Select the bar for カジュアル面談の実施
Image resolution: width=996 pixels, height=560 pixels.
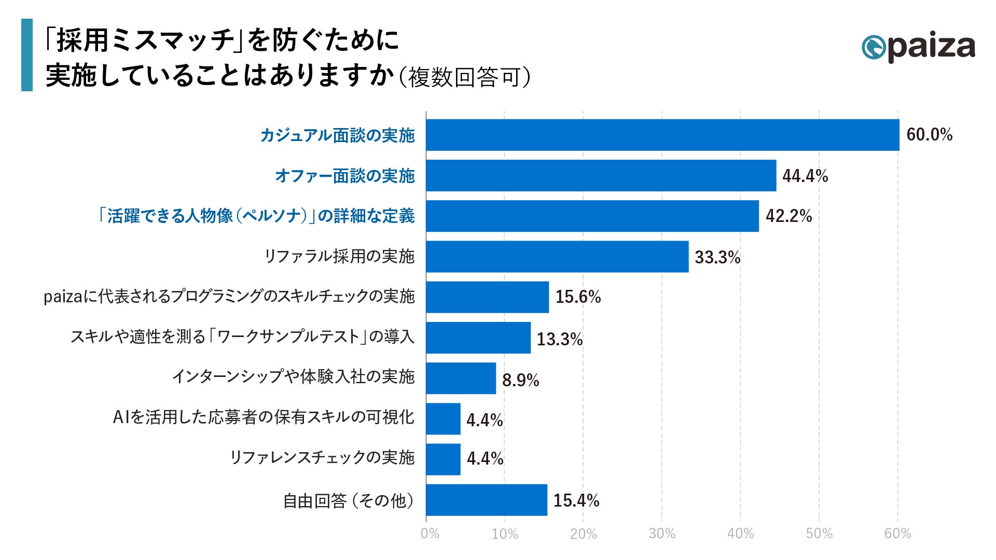(x=662, y=135)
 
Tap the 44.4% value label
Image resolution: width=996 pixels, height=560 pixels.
(x=805, y=176)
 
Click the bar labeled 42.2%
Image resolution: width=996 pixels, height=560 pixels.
(x=592, y=216)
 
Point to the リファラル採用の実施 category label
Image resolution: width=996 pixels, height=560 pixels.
(x=339, y=256)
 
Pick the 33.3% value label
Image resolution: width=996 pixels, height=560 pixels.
(x=717, y=257)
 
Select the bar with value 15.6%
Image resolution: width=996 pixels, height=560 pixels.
(x=487, y=297)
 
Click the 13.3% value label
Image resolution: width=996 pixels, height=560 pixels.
(x=559, y=339)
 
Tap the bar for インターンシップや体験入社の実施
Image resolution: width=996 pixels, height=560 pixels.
(x=461, y=378)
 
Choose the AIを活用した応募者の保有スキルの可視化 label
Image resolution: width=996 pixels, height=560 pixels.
(x=264, y=417)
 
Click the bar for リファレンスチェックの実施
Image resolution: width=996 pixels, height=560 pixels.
(x=443, y=459)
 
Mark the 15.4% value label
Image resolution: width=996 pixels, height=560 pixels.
(x=576, y=500)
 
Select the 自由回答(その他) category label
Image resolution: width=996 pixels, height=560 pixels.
(x=349, y=501)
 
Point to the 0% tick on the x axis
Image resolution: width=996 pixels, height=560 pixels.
(x=430, y=534)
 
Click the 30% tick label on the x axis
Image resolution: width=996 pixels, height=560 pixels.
(x=662, y=534)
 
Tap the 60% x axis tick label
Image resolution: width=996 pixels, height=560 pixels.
(x=897, y=534)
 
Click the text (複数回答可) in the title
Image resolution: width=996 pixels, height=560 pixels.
(x=464, y=77)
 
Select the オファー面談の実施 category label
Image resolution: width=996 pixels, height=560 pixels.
(x=344, y=176)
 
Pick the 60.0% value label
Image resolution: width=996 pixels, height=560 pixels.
(x=929, y=135)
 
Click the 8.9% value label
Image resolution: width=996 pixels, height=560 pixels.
(x=520, y=380)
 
